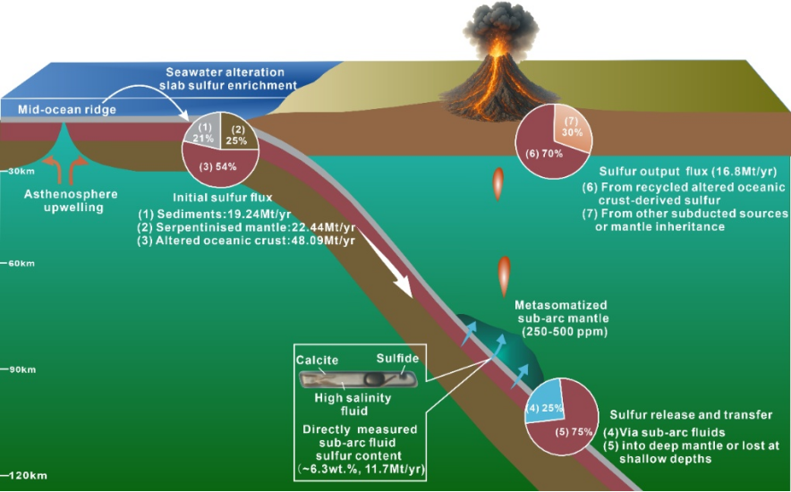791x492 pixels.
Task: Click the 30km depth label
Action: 18,170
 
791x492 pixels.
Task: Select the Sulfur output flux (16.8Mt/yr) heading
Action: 685,170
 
